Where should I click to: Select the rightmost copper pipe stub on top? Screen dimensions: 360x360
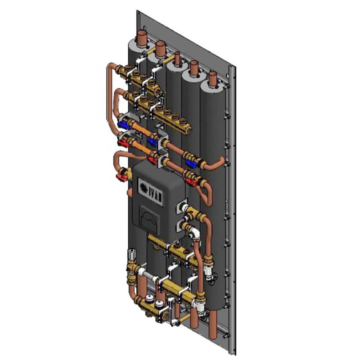(x=212, y=78)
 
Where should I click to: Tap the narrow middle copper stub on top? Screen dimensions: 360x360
(x=177, y=58)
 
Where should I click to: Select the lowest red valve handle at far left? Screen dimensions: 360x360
(x=122, y=176)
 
